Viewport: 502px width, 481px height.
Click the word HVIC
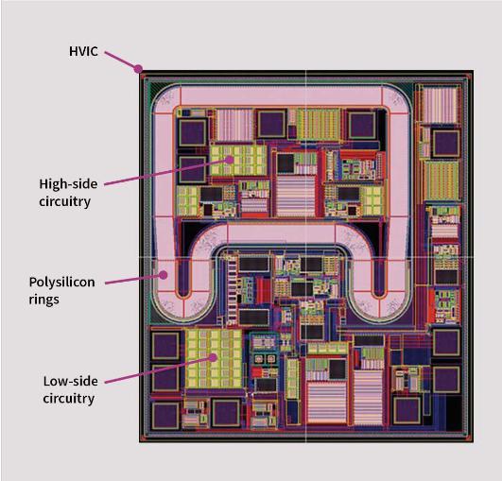pos(83,51)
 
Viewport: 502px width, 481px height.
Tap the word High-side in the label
pos(68,184)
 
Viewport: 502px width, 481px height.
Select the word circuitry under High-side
pos(65,202)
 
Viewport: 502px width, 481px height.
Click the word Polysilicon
pos(61,283)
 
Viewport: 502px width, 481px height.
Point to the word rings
pos(43,301)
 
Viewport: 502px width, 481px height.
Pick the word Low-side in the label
pos(71,381)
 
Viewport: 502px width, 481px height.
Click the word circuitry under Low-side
pos(69,399)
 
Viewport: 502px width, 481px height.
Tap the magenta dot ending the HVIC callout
pos(138,68)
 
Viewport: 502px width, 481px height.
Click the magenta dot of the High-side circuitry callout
pos(229,160)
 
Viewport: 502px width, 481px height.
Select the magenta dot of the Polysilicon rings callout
pos(164,275)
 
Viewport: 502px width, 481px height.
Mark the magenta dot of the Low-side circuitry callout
pos(214,357)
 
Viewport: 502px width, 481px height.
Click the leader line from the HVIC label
pos(121,60)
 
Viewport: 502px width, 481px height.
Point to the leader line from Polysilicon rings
pos(134,279)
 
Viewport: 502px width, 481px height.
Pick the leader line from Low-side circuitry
pos(159,369)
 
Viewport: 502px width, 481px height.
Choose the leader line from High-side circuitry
pos(166,172)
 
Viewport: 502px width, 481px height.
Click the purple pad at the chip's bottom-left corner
pos(165,415)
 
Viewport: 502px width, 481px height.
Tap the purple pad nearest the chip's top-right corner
pos(445,143)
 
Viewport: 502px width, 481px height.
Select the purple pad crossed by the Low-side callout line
pos(165,378)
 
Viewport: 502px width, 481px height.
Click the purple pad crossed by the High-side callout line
pos(192,169)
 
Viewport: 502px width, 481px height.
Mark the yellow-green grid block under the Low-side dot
pos(214,359)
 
